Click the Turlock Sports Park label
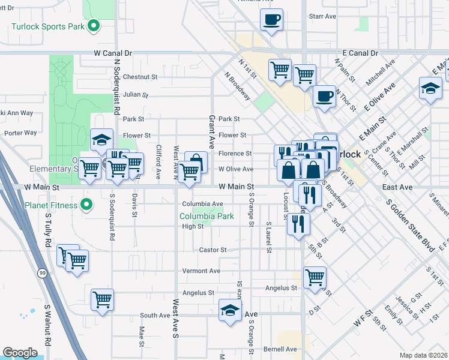click(x=49, y=26)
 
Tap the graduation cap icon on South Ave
click(x=230, y=310)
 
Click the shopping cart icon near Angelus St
click(x=315, y=277)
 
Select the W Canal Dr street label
click(x=113, y=53)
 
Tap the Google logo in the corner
click(x=20, y=353)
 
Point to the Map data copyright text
click(x=423, y=355)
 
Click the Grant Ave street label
click(x=211, y=131)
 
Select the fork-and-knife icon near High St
click(x=298, y=224)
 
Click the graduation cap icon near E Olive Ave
click(x=430, y=88)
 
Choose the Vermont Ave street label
click(x=201, y=271)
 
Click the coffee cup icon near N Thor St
click(x=324, y=96)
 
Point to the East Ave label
click(x=397, y=187)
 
